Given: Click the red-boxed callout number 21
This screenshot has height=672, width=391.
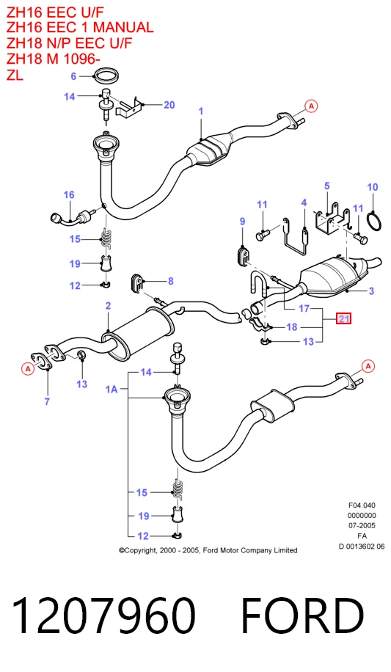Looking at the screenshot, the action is tap(344, 318).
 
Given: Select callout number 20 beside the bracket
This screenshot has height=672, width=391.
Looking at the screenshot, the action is tap(169, 105).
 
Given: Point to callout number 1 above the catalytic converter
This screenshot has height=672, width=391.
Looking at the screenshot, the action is tap(201, 112).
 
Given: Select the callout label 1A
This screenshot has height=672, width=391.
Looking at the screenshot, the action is tap(112, 389).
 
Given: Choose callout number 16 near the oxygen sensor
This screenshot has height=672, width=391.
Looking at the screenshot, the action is tap(69, 195).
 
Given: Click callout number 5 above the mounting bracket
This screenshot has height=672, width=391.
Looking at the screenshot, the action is tap(326, 186).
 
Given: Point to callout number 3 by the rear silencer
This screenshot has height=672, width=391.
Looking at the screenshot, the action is tap(371, 291).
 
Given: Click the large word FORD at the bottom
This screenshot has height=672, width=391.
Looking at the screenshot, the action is tap(302, 616).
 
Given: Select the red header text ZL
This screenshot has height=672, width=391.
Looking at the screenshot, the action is tap(15, 75).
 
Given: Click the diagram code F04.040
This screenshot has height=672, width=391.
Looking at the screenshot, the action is tap(362, 505).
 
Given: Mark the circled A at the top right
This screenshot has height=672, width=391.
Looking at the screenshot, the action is tap(312, 106).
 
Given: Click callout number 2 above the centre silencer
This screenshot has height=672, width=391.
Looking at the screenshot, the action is tap(108, 306).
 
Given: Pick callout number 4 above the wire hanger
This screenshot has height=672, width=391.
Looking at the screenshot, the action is tap(304, 202).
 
